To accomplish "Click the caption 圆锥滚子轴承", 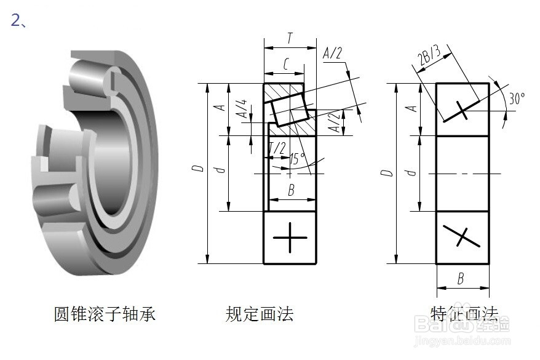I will [x=105, y=314].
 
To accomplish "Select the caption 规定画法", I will [x=260, y=314].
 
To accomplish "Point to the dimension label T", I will [x=290, y=38].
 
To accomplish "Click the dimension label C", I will [x=286, y=63].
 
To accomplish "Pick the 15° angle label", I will [x=297, y=159].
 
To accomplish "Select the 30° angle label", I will [x=517, y=98].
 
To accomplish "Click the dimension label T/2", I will [x=277, y=148].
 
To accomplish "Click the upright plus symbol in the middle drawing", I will [x=290, y=238].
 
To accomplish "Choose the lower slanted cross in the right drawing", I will [x=463, y=237].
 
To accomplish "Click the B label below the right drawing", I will [x=460, y=279].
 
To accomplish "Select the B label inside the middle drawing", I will [x=291, y=191].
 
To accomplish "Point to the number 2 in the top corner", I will [x=15, y=20].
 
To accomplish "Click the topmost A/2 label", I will [x=332, y=54].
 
